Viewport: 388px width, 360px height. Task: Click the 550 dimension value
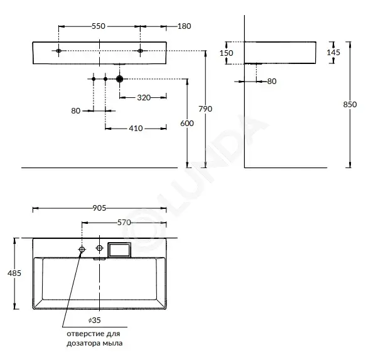(99, 26)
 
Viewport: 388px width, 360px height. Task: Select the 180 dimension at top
(185, 26)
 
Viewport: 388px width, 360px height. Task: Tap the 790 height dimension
(205, 109)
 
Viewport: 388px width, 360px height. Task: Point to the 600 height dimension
(187, 123)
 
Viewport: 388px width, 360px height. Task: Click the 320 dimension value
(144, 98)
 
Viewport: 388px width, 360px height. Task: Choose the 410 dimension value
(136, 129)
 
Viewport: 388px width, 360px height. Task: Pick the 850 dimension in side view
(350, 105)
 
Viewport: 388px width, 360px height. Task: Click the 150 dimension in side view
(227, 53)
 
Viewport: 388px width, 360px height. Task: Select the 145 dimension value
(333, 53)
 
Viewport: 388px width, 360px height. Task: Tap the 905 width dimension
(99, 208)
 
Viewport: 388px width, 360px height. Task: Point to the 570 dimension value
(124, 223)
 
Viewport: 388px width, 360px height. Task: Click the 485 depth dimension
(14, 273)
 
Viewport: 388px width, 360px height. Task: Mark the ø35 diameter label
(95, 320)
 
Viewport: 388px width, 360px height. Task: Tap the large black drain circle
(119, 79)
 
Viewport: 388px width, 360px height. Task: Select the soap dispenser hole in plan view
(82, 249)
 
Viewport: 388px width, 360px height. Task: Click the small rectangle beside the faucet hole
(119, 250)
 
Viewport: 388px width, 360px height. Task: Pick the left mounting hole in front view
(58, 51)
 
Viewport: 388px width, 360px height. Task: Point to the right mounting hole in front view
(140, 51)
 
